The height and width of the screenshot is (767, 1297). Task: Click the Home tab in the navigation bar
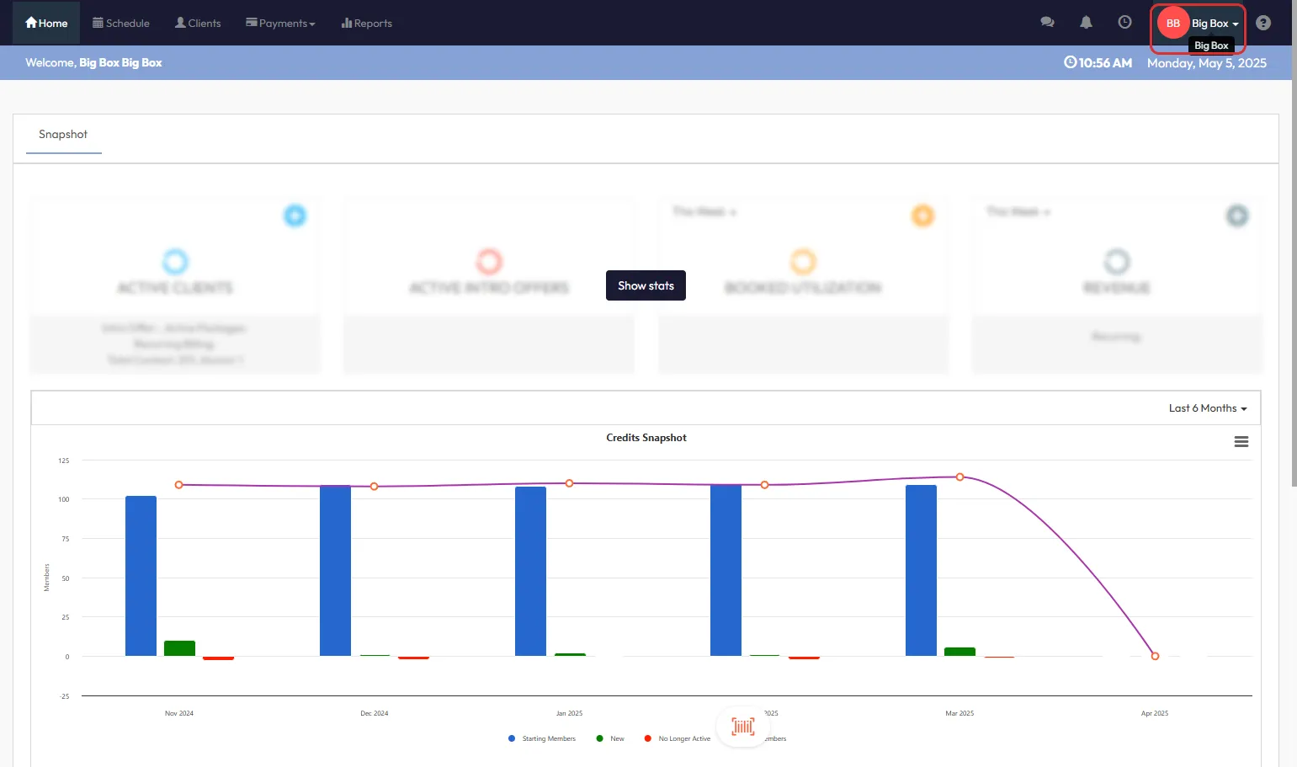(x=46, y=23)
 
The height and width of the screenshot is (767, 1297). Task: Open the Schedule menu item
(x=121, y=23)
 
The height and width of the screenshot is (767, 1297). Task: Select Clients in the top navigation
(x=198, y=23)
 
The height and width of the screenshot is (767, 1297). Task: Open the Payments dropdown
(x=280, y=23)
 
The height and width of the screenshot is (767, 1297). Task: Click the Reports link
(x=367, y=23)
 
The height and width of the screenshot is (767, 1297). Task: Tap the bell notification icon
(x=1086, y=23)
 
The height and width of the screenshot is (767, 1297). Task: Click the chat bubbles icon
(x=1047, y=23)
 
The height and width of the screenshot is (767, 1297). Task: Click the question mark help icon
(x=1262, y=23)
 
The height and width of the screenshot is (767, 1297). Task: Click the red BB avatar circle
(x=1172, y=23)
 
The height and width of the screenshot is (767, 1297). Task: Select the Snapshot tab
(x=63, y=135)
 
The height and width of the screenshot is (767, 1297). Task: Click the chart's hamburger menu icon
(x=1241, y=442)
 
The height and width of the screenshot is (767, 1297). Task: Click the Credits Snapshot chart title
(x=646, y=438)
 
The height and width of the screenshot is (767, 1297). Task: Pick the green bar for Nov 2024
(x=179, y=648)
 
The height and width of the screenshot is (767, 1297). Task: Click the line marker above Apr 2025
(x=1155, y=656)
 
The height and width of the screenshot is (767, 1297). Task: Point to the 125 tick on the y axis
(x=64, y=461)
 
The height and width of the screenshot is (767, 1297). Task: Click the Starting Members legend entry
(x=548, y=738)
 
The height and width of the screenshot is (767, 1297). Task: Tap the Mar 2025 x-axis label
(x=959, y=713)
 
